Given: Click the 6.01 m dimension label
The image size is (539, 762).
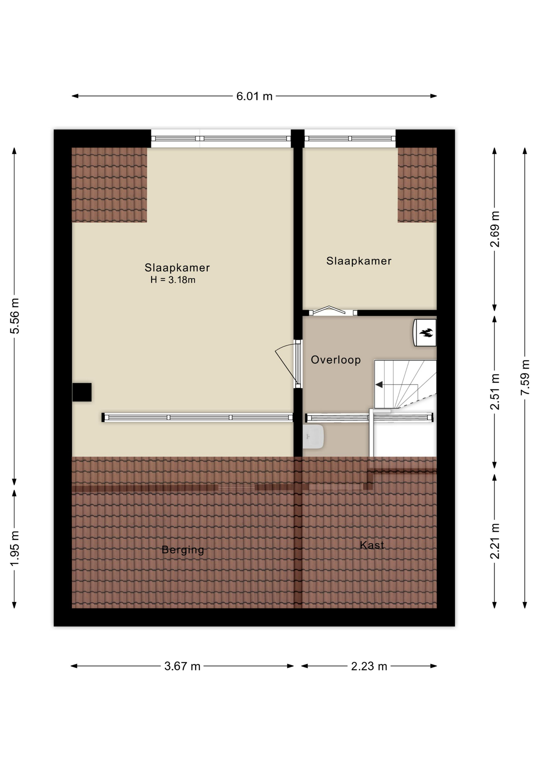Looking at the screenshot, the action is click(x=254, y=96).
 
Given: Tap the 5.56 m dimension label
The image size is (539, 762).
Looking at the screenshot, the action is click(x=15, y=316).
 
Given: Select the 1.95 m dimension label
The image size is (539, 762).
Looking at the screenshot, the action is click(x=15, y=549).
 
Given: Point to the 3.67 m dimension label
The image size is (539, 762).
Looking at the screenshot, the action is click(x=183, y=666).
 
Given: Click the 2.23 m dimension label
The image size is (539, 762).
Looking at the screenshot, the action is click(x=369, y=666).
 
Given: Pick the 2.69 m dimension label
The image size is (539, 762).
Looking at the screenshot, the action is click(x=495, y=229).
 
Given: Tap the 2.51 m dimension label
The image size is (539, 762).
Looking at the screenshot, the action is click(x=495, y=392).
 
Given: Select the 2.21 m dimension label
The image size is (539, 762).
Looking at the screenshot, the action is click(x=495, y=541).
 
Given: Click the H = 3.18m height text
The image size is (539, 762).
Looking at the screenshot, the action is click(x=173, y=280).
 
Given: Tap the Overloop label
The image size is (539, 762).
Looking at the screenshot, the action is click(x=336, y=360).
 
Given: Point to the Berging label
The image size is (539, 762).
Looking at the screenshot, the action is click(x=183, y=550).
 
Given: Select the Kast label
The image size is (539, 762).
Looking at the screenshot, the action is click(x=372, y=545).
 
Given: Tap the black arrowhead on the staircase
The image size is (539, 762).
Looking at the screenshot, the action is click(x=379, y=385).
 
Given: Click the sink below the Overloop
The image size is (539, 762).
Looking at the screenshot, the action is click(x=313, y=437).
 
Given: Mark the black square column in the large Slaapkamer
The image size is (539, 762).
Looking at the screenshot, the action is click(x=82, y=392).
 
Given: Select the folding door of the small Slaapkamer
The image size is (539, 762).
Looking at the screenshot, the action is click(x=329, y=310).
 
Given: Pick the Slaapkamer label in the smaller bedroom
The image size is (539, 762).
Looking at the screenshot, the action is click(x=359, y=261).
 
